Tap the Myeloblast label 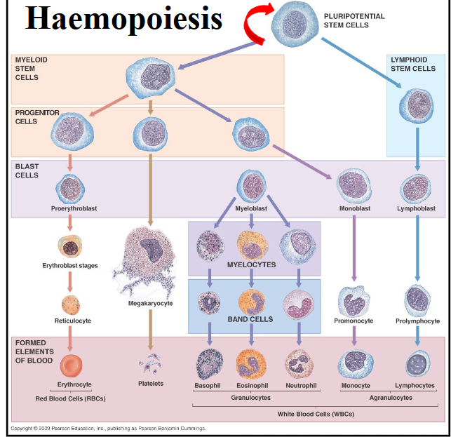click(x=252, y=208)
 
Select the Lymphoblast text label click(x=417, y=208)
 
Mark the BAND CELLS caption click(x=250, y=319)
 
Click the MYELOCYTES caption click(x=252, y=265)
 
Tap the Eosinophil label click(x=251, y=386)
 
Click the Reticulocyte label click(x=73, y=321)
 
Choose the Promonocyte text click(x=354, y=321)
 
